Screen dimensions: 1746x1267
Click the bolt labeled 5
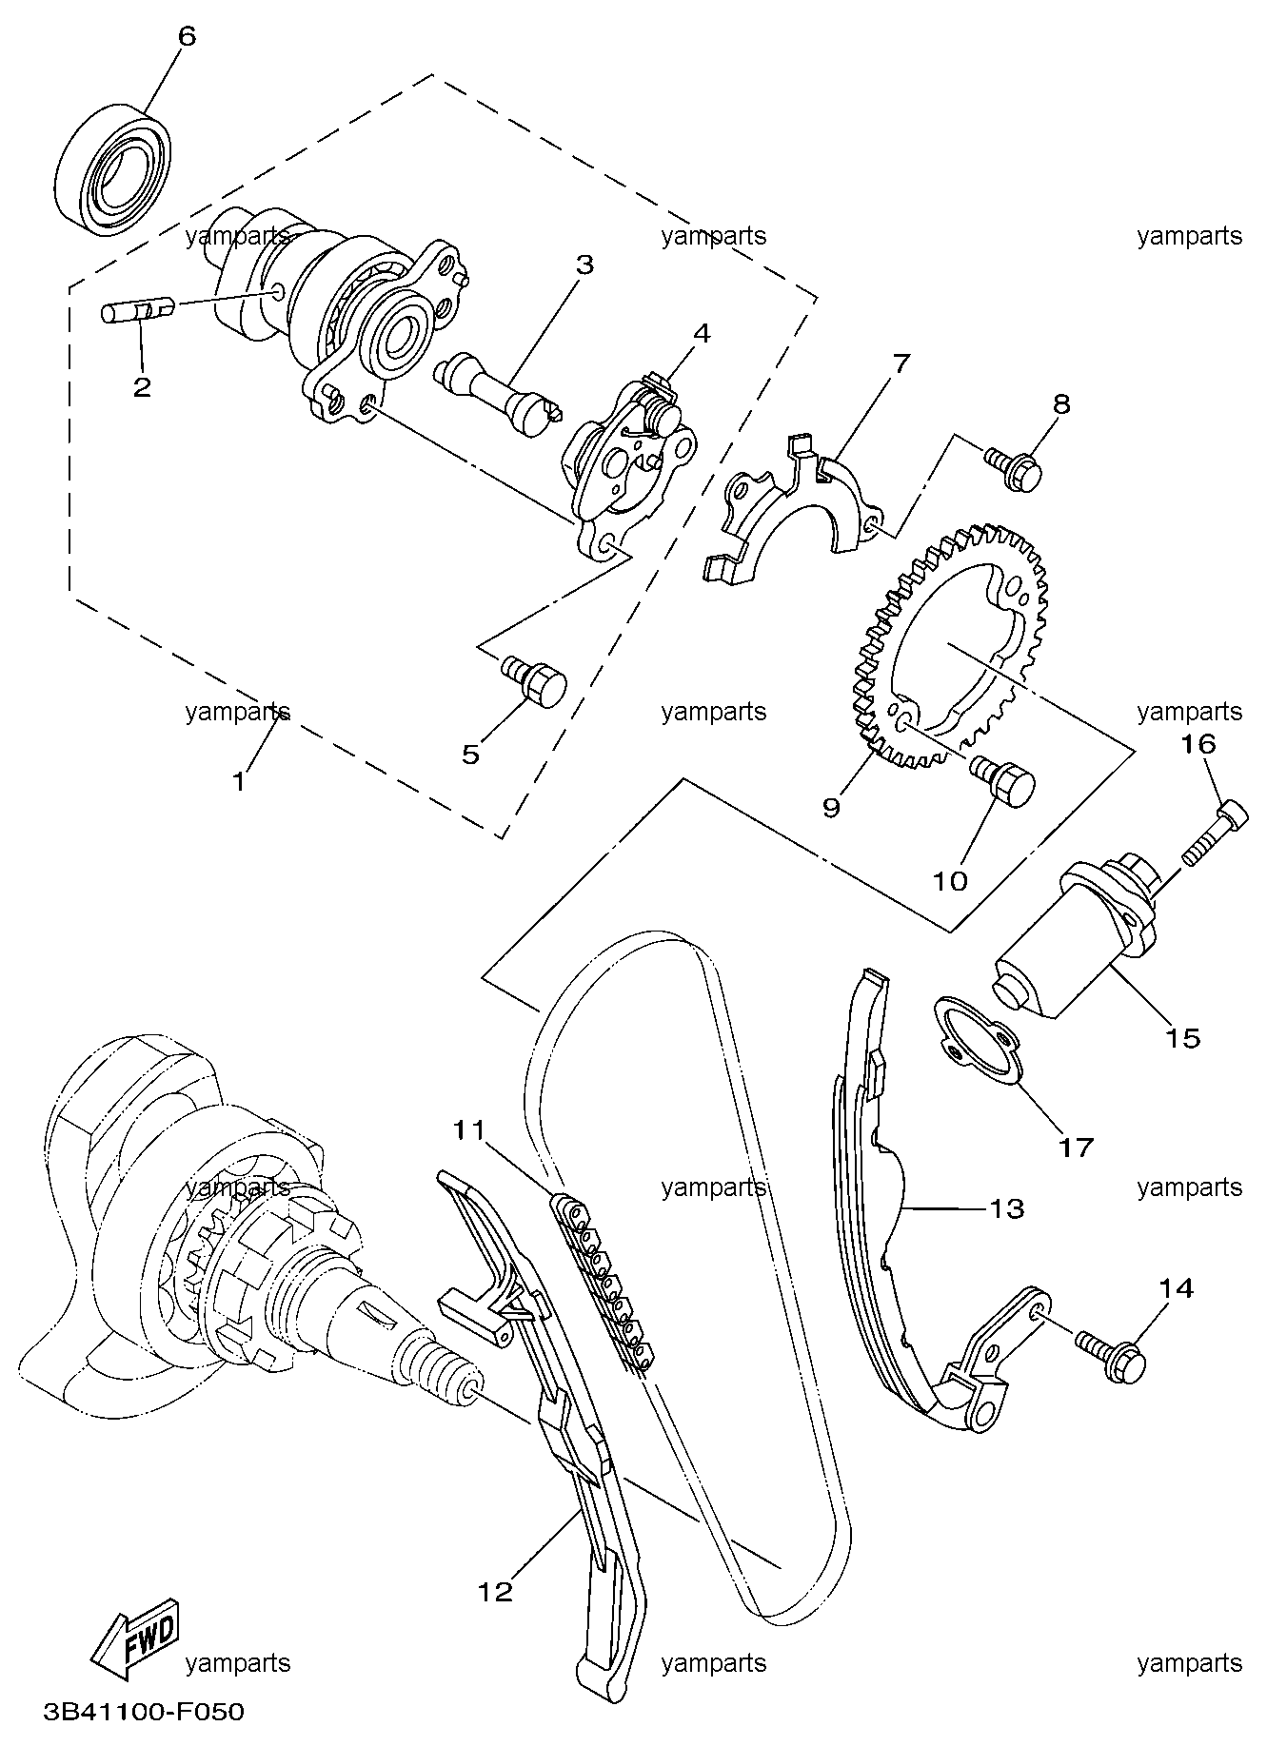(x=535, y=679)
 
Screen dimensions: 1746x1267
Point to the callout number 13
(x=1006, y=1208)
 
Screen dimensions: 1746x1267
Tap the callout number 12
(x=496, y=1591)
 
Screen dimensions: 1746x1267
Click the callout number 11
(x=469, y=1131)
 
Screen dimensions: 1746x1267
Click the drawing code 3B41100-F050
(x=144, y=1712)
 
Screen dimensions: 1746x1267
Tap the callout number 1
(x=239, y=781)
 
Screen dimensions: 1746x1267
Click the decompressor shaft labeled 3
(x=495, y=390)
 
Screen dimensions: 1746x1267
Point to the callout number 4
(x=701, y=333)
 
